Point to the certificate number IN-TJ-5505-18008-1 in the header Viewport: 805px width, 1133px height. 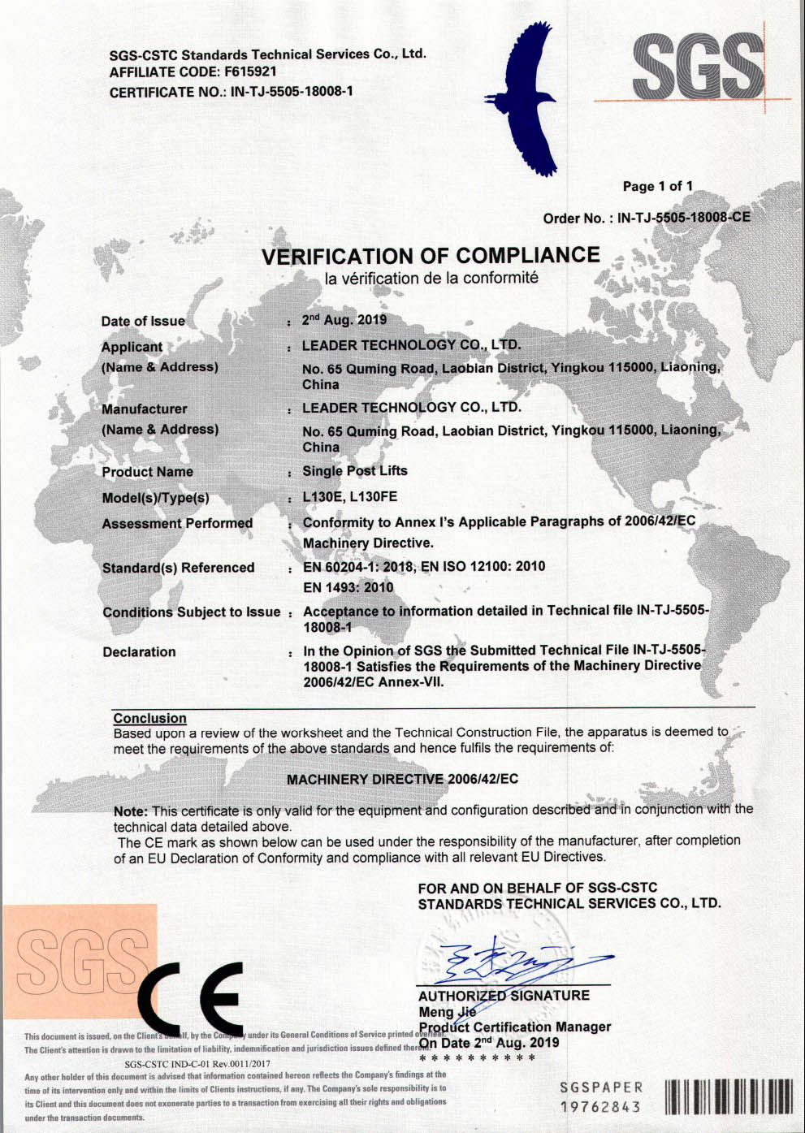(x=292, y=92)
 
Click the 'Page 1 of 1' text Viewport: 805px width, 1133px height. (x=657, y=187)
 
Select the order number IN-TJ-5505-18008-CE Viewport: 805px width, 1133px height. (x=683, y=218)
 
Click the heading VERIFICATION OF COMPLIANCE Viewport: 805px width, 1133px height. (x=431, y=256)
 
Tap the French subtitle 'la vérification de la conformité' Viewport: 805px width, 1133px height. (x=431, y=279)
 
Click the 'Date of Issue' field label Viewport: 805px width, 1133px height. (x=143, y=322)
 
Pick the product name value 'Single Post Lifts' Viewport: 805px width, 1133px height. (x=355, y=471)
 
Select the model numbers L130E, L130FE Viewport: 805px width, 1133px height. (x=350, y=497)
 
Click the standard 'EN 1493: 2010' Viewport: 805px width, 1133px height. (x=348, y=587)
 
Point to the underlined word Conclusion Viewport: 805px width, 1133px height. (x=149, y=718)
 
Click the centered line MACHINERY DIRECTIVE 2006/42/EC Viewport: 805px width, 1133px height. (x=402, y=780)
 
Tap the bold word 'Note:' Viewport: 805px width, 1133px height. (x=131, y=811)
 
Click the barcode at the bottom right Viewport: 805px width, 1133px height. (x=728, y=1096)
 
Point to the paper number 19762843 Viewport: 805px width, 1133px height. (x=600, y=1106)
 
